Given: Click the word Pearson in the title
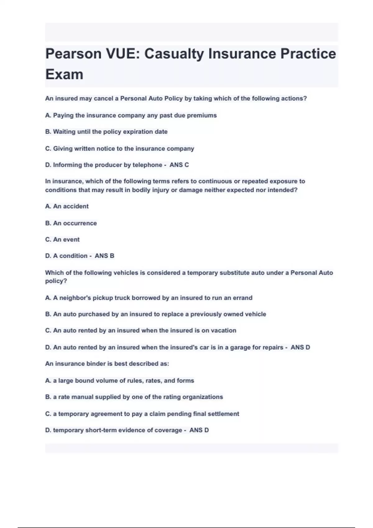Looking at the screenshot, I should pos(73,54).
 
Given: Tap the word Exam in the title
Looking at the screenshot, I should pos(64,75).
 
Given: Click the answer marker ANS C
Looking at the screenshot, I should pos(179,165).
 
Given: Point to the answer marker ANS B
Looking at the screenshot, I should pos(104,256).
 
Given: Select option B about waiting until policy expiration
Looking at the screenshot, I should pos(106,132).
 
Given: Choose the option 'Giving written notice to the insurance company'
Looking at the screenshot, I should pos(120,149).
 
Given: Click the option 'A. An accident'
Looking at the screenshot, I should pos(67,206).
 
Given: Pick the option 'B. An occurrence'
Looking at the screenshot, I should pos(71,223).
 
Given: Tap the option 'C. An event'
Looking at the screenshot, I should pos(62,239).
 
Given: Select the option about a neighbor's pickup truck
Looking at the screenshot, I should pos(149,298).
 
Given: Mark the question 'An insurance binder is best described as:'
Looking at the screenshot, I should pos(107,364).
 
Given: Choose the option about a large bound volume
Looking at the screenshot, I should pos(120,381).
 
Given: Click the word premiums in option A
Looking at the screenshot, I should pos(202,116).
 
